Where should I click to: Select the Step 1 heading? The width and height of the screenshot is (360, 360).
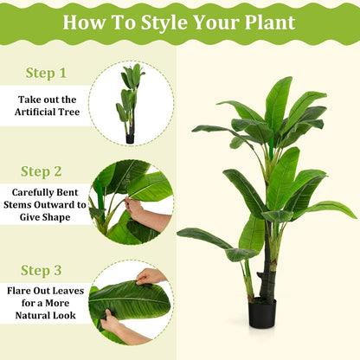[46, 74]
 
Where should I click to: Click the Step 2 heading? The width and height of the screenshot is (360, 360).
[46, 171]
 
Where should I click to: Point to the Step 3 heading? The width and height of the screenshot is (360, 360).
[46, 271]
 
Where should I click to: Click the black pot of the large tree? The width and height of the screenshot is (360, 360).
[262, 313]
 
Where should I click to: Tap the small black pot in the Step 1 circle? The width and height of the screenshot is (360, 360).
[130, 138]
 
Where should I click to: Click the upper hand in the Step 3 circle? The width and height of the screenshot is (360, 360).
[152, 276]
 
